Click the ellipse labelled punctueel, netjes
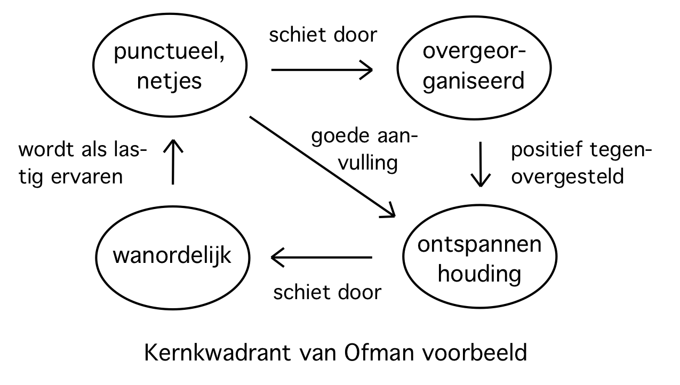pos(170,67)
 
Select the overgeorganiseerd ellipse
pos(473,67)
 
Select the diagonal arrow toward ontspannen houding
pos(322,166)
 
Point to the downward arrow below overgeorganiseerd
pos(482,164)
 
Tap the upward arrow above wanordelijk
pos(173,161)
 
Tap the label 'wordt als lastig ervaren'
pos(83,163)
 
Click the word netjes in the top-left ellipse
pos(170,81)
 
